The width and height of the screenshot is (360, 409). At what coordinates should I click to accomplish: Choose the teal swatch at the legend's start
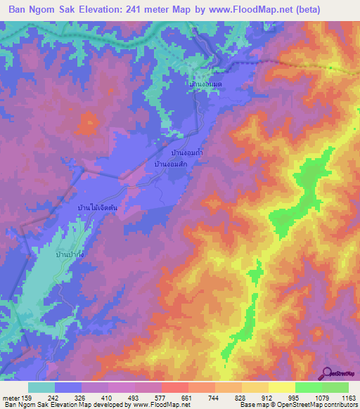(41, 387)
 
